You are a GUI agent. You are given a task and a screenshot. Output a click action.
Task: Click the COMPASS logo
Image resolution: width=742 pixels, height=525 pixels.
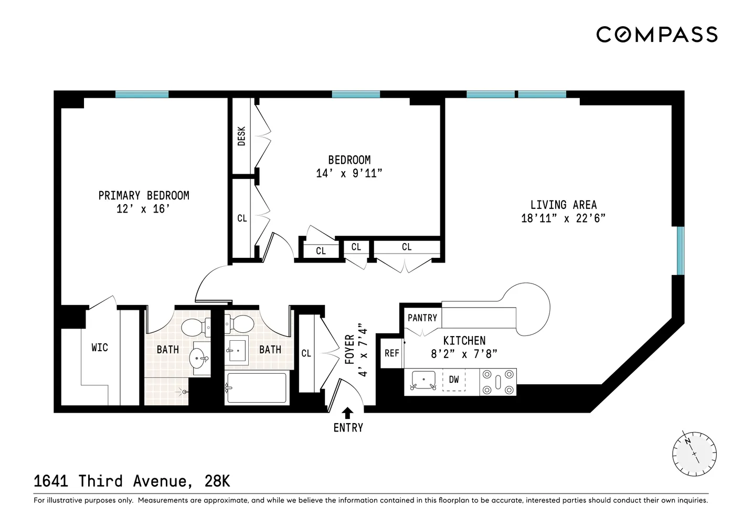656,35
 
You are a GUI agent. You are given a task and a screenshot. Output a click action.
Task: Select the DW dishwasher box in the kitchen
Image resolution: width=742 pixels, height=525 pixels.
454,380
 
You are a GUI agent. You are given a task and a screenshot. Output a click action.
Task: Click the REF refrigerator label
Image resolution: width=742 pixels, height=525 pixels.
391,353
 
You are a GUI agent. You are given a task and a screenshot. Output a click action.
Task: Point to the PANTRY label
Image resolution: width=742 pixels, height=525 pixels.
422,318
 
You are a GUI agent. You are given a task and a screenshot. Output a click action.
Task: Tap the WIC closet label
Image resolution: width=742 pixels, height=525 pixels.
99,348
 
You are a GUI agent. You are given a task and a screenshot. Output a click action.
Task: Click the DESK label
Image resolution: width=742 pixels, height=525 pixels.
242,136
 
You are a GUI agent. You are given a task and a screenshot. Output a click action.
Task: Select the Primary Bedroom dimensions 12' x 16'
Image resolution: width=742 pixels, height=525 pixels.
143,209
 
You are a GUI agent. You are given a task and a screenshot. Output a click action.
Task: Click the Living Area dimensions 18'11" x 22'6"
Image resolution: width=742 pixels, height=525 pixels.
563,218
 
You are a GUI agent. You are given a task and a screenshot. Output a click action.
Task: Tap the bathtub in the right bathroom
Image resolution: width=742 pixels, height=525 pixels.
256,388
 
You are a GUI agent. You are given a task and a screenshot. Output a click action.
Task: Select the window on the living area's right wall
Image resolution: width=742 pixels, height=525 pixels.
680,250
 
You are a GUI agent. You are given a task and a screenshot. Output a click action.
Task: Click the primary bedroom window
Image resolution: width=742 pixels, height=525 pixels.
142,94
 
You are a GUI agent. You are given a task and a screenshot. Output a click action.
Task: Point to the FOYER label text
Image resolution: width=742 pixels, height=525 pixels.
349,350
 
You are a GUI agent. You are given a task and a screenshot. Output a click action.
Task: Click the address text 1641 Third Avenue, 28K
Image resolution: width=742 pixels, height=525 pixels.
132,481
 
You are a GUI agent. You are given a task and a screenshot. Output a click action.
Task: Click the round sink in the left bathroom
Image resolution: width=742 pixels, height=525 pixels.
198,360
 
